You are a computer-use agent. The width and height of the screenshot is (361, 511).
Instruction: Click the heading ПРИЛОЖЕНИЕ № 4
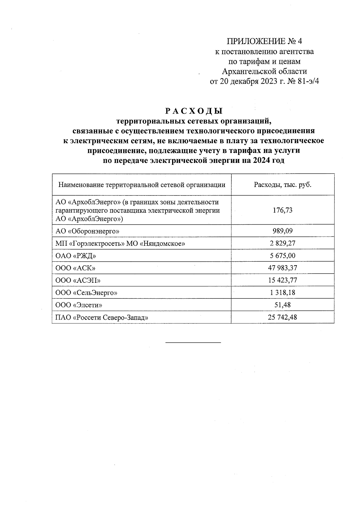tap(264, 41)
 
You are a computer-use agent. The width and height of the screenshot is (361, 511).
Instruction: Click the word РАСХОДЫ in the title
tap(194, 111)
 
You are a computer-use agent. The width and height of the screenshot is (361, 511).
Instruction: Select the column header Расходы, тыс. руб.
tap(282, 185)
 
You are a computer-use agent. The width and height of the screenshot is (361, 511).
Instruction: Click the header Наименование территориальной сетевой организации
tap(142, 185)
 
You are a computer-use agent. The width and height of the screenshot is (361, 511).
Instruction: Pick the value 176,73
tap(282, 210)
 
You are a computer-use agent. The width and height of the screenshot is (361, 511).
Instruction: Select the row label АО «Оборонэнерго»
tap(88, 231)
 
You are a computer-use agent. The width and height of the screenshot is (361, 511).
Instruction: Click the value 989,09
tap(282, 231)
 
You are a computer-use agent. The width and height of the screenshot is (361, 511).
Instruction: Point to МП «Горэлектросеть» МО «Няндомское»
tap(120, 243)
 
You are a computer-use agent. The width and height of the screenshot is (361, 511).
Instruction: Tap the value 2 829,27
tap(282, 243)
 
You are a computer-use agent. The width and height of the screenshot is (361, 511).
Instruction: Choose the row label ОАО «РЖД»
tap(76, 256)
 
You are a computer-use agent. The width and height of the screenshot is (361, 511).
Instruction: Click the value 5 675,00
tap(282, 256)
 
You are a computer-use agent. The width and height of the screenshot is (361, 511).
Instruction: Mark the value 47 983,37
tap(282, 268)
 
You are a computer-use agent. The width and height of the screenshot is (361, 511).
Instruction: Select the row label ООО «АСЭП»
tap(78, 280)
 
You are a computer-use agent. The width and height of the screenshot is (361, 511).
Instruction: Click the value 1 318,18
tap(282, 293)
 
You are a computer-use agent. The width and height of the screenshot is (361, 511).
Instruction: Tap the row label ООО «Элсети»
tap(79, 305)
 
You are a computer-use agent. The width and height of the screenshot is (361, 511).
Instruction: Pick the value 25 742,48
tap(282, 317)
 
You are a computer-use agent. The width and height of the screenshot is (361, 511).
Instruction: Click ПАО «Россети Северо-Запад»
tap(102, 317)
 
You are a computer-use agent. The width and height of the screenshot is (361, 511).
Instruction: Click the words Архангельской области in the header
tap(264, 71)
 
